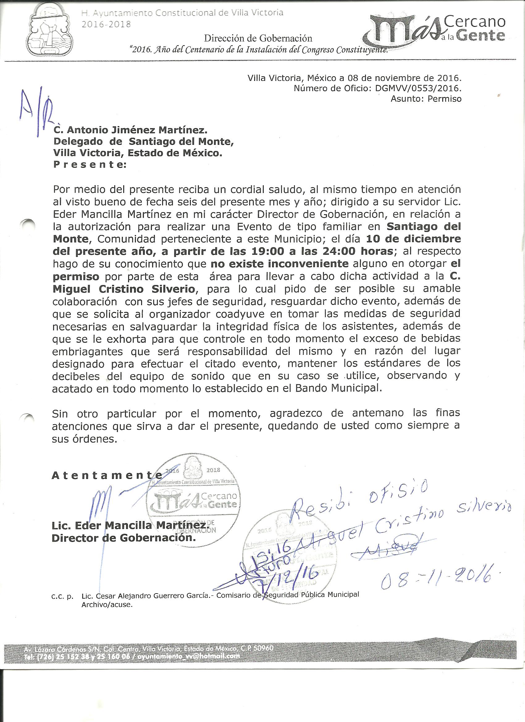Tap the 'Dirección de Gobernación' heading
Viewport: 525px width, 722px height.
(258, 39)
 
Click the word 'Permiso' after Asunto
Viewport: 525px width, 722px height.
(444, 99)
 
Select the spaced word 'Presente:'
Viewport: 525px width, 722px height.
(90, 165)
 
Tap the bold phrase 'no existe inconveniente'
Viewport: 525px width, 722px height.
(279, 264)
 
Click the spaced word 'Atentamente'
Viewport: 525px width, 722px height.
(106, 476)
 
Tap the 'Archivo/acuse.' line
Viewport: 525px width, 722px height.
(107, 605)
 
